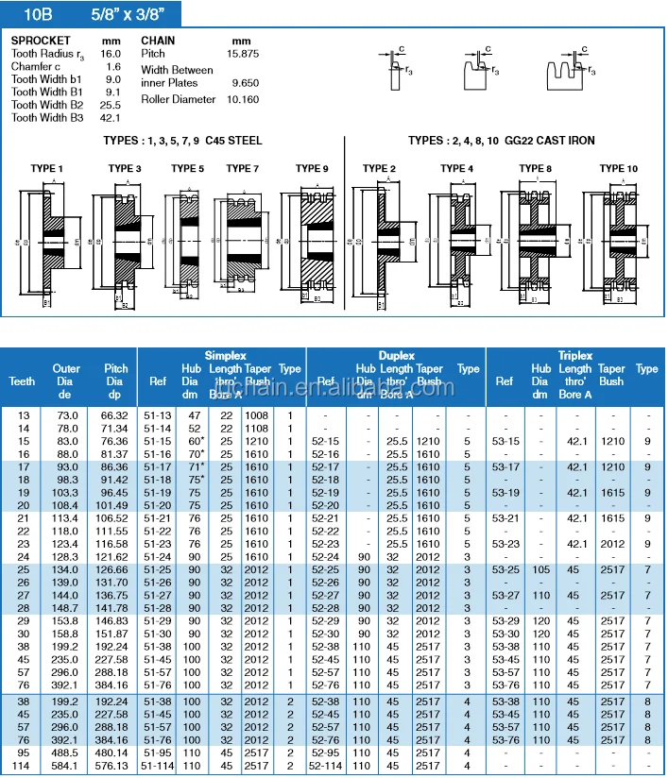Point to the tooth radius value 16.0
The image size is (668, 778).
pos(112,54)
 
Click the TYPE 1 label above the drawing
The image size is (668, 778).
pos(47,168)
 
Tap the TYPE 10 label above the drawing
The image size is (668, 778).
pos(619,168)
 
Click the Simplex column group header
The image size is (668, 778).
pos(224,355)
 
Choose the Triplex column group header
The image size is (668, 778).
pos(574,355)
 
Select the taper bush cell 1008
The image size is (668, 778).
pos(257,415)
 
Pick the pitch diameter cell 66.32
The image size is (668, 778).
pos(114,415)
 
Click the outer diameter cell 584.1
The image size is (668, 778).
pos(66,766)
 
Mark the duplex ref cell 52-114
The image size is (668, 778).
pos(326,766)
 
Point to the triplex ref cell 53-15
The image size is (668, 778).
pos(506,441)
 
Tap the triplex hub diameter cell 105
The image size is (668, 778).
pos(541,569)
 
